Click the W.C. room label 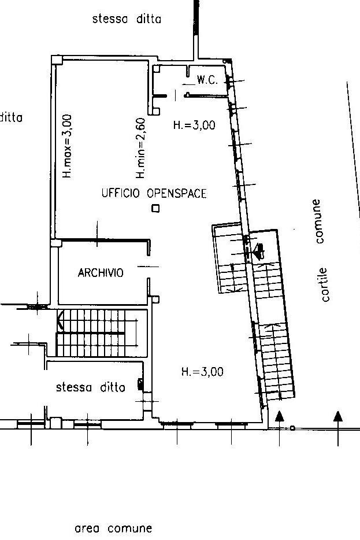[x=207, y=80]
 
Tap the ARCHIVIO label [x=101, y=273]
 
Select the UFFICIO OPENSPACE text [x=154, y=194]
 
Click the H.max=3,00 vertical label [x=67, y=145]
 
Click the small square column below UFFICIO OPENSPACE [x=155, y=209]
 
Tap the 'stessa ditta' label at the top [x=127, y=19]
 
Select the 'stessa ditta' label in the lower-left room [x=90, y=387]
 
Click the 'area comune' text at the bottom [x=113, y=528]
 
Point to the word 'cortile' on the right [x=325, y=284]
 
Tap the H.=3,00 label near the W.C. [x=194, y=124]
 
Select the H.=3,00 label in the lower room [x=202, y=372]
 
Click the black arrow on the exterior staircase [x=258, y=250]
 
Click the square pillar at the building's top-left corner [x=57, y=59]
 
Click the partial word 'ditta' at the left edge [x=11, y=117]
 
